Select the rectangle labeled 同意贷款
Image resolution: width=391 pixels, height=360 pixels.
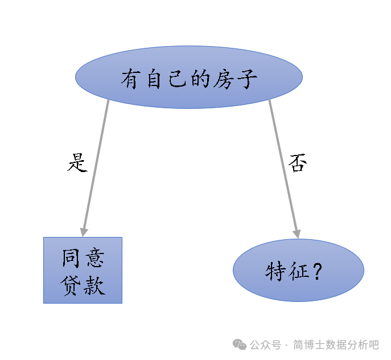pos(83,270)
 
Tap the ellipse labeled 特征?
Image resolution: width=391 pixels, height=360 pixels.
pos(298,271)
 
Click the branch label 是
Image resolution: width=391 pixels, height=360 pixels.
pos(77,163)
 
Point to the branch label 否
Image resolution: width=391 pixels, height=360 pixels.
pos(297,163)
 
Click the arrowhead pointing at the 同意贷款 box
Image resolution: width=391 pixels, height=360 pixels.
pos(84,232)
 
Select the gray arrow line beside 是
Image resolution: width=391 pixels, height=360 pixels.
pos(96,165)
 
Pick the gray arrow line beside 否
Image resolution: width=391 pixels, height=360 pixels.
pos(283,165)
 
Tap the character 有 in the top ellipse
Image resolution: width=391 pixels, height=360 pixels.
pos(130,79)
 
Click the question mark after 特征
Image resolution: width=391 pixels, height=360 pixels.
pos(318,271)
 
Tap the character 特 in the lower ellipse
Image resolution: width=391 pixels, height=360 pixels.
pos(275,271)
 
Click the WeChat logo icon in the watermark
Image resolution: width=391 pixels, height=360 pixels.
pos(240,345)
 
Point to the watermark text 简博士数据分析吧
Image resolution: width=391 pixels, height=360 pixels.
pos(336,345)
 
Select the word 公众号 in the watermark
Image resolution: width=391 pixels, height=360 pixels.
pos(266,345)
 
